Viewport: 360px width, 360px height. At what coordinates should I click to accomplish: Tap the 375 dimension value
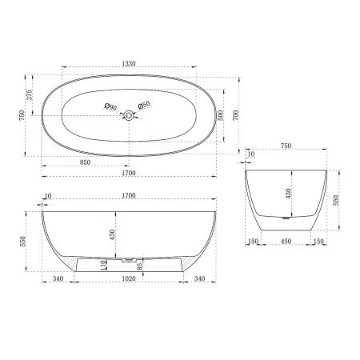click(x=30, y=94)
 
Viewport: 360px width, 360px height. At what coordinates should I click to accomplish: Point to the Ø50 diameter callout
click(x=145, y=106)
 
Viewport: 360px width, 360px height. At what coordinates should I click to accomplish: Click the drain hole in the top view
click(x=127, y=117)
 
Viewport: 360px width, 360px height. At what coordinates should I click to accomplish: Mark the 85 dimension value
click(x=141, y=266)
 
